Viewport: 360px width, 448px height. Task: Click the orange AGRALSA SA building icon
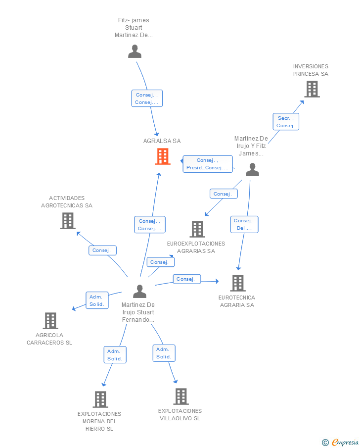[163, 156]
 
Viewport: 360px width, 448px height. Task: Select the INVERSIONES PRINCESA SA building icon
[312, 89]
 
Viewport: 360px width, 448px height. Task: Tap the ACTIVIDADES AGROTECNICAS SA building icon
[68, 221]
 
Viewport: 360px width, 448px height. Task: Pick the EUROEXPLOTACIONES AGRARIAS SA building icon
[197, 229]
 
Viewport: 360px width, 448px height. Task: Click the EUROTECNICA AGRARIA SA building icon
[238, 283]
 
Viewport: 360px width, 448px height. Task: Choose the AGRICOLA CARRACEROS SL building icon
[50, 321]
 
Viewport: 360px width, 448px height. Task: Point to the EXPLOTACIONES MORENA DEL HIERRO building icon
[100, 399]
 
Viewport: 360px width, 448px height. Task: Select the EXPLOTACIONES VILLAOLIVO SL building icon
[181, 397]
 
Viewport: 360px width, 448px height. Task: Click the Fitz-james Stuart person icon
[135, 51]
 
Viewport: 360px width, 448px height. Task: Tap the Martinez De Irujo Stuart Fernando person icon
[140, 291]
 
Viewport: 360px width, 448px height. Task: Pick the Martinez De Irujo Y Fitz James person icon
[252, 170]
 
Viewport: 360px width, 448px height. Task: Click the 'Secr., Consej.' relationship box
[286, 122]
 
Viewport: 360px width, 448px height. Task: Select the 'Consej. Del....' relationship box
[244, 224]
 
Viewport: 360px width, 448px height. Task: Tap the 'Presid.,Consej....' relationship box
[208, 164]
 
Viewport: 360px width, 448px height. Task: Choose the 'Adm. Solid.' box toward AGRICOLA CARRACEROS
[97, 300]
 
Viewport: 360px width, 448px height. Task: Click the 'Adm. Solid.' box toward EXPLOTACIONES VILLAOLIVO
[164, 353]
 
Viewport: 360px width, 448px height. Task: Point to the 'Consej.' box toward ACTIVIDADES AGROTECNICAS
[103, 250]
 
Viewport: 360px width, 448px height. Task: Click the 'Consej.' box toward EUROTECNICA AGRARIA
[187, 279]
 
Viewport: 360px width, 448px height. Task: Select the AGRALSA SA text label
[162, 141]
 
